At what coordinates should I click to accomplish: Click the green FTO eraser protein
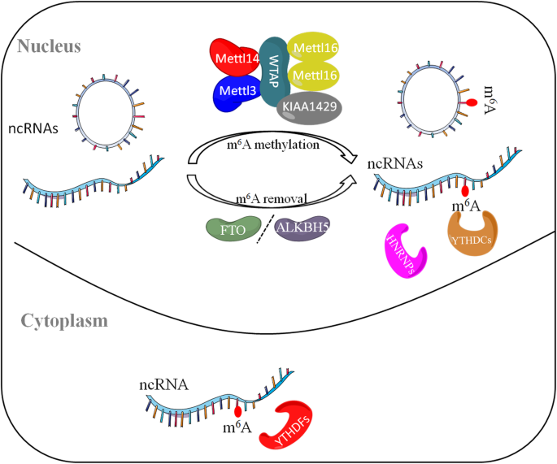pyautogui.click(x=233, y=228)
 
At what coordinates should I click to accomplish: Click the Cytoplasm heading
pyautogui.click(x=59, y=320)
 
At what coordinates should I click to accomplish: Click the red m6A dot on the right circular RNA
pyautogui.click(x=468, y=103)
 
